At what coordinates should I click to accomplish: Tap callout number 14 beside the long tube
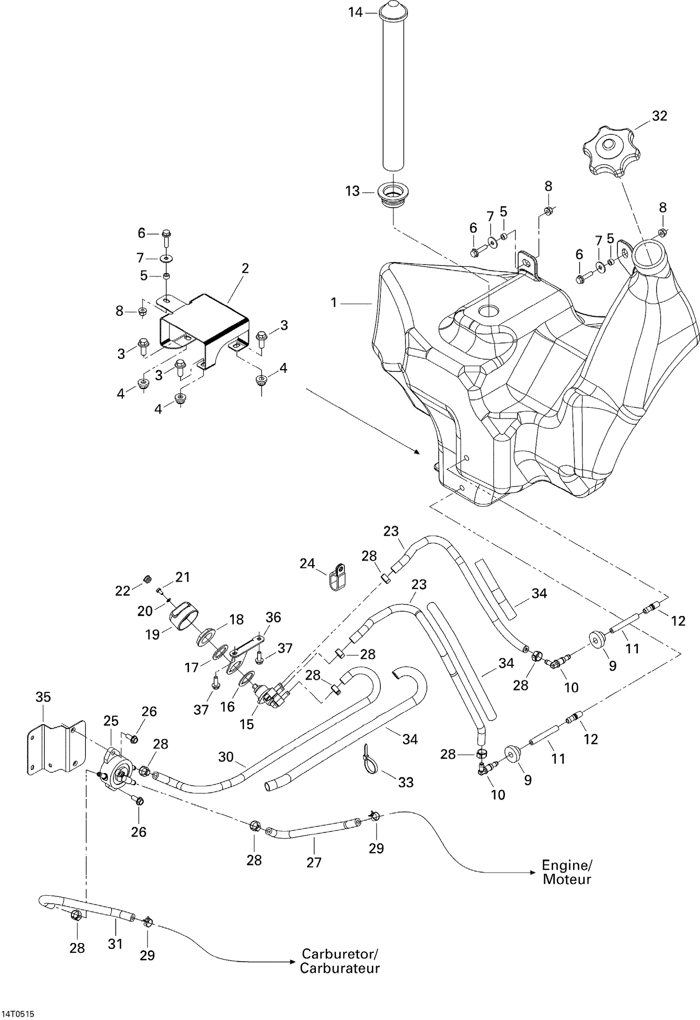[355, 13]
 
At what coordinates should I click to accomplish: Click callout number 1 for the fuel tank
[334, 303]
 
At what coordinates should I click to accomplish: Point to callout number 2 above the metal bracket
[245, 268]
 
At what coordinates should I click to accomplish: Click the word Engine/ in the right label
[567, 866]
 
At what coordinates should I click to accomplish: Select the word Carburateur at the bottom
[339, 968]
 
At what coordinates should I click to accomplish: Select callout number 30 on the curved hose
[226, 756]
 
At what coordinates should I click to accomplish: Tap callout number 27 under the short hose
[314, 862]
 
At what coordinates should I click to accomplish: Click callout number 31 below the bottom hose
[115, 943]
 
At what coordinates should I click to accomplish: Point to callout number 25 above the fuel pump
[111, 721]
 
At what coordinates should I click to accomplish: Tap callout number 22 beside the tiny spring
[122, 591]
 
